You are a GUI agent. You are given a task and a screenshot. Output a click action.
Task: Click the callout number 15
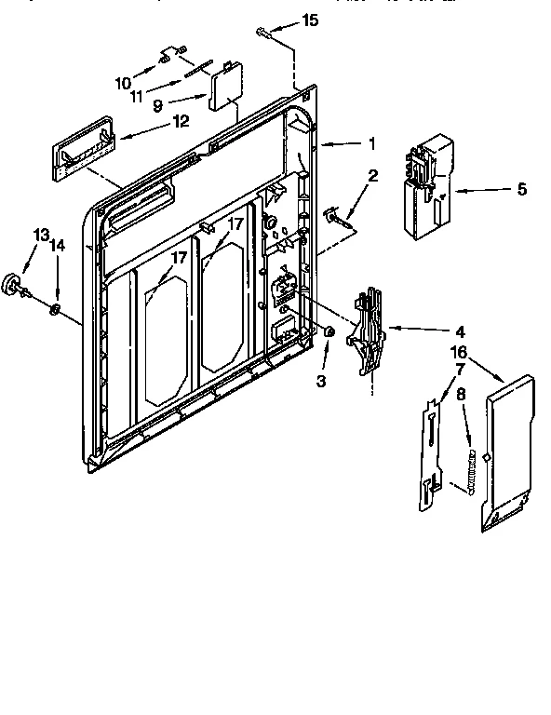[x=310, y=20]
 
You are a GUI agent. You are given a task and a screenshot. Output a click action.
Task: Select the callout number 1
[x=370, y=143]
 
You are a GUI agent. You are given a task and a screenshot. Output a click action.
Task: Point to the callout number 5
[x=520, y=190]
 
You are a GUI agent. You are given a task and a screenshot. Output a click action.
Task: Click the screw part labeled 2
[x=338, y=218]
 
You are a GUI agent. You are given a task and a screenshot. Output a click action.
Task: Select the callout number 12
[x=181, y=120]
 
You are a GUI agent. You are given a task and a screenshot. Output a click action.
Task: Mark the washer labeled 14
[x=57, y=308]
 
